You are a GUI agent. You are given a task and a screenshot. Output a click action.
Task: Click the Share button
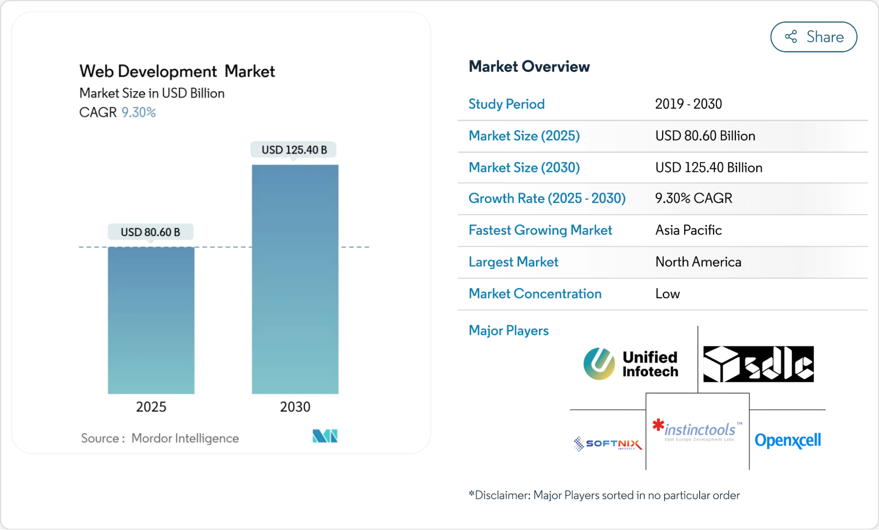[813, 37]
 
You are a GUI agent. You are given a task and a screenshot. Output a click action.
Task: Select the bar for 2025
[151, 320]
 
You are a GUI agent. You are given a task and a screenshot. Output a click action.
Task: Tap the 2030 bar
[295, 279]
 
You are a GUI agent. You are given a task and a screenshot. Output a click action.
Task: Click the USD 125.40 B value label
[294, 150]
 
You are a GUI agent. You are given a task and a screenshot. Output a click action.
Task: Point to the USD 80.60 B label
[150, 232]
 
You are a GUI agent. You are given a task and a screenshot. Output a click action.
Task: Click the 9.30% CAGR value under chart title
[139, 113]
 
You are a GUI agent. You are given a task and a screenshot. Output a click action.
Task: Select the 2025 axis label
[151, 406]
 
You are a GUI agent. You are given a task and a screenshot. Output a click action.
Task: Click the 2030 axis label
[295, 406]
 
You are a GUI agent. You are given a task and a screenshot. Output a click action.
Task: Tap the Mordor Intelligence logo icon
[325, 436]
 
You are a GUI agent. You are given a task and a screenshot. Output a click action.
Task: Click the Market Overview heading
[529, 66]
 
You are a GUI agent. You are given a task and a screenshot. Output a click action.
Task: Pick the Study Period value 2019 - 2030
[688, 104]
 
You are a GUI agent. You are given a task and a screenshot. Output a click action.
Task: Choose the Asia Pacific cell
[688, 230]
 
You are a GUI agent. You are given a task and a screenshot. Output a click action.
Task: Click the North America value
[698, 262]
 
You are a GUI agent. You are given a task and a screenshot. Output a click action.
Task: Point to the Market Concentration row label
[535, 293]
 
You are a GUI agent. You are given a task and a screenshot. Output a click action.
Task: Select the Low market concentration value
[667, 293]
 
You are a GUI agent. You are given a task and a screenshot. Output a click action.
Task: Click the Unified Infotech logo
[631, 364]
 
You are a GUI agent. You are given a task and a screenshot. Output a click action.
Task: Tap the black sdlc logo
[758, 364]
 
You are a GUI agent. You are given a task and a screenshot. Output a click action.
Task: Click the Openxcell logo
[787, 440]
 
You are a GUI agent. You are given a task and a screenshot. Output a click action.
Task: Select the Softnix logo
[608, 443]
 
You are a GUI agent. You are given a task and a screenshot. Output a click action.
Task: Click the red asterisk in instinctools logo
[658, 425]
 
